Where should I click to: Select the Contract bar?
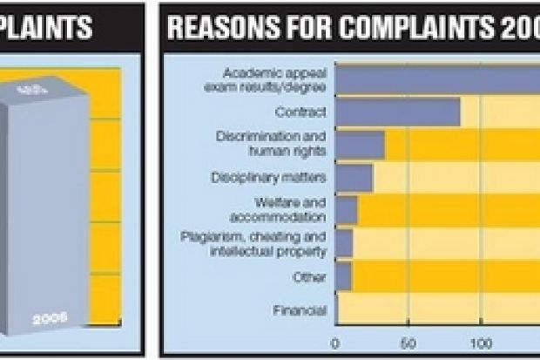coord(397,112)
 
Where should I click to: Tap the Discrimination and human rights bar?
coord(360,145)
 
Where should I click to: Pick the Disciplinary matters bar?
coord(354,177)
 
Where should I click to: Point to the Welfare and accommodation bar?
coord(346,210)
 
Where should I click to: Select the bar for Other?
coord(343,276)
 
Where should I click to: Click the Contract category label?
coord(300,112)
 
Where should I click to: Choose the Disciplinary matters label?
coord(268,177)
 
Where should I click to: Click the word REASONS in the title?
coord(213,29)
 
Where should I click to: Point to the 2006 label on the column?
coord(49,318)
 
